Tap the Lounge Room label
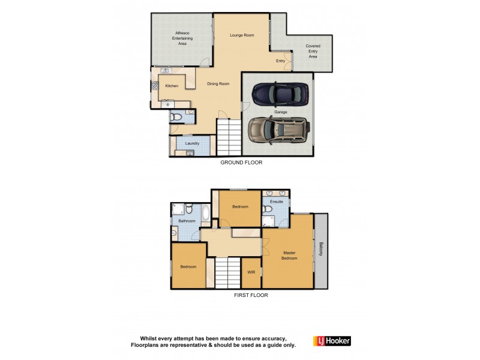coord(242,35)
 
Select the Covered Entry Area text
coord(313,51)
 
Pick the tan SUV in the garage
coord(278,129)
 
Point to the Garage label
coord(281,112)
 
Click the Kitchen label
coord(172,86)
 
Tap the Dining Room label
coord(218,84)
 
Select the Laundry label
coord(192,143)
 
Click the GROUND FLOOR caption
coord(241,163)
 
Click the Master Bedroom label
coord(290,256)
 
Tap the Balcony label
coord(321,249)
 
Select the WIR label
coord(251,272)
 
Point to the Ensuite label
coord(277,202)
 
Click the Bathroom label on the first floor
coord(187,221)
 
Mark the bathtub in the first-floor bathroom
coord(205,212)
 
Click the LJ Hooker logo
coord(332,341)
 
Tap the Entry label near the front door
coord(280,61)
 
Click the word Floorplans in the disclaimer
coord(150,345)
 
